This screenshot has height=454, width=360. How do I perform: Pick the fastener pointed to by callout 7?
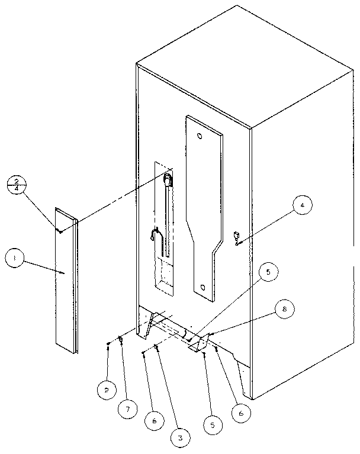point(121,339)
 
